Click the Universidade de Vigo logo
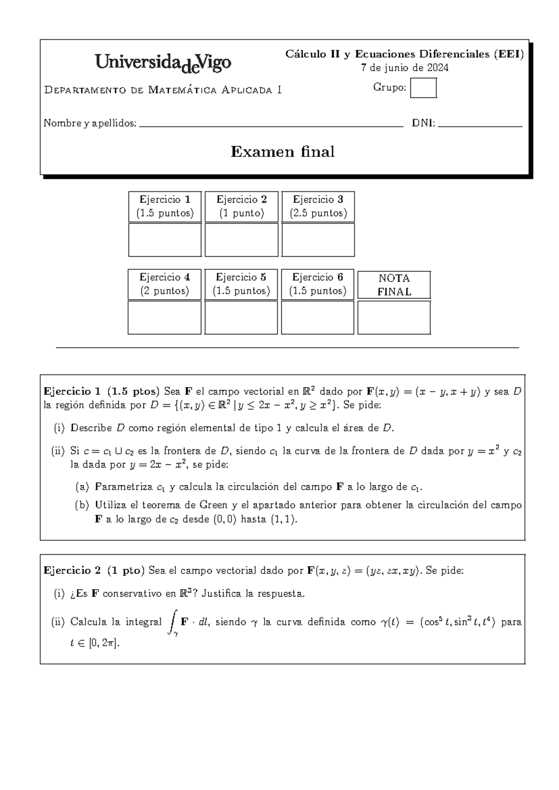point(163,63)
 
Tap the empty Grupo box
point(423,88)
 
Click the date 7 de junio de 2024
point(405,68)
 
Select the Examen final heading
point(283,152)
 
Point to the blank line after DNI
point(480,125)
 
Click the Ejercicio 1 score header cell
point(165,206)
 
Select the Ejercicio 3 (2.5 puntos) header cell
point(318,206)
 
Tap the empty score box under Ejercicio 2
point(241,240)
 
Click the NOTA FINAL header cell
point(394,285)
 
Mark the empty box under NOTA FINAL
point(394,318)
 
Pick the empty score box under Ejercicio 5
point(241,318)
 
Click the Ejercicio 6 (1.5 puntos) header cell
point(318,284)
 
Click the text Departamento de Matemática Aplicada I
point(163,90)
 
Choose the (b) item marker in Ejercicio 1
point(82,505)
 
